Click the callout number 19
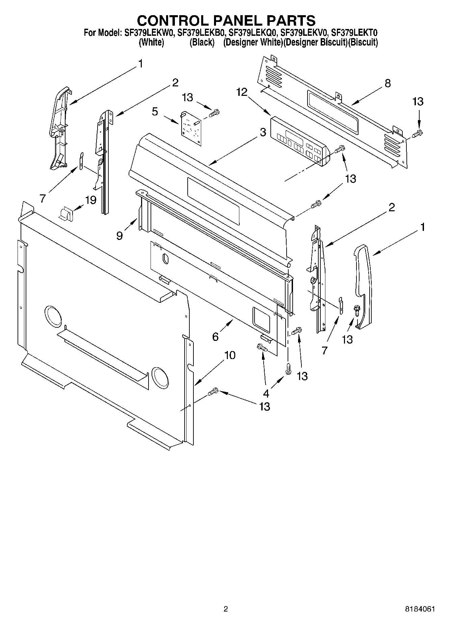click(91, 200)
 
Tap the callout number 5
click(155, 112)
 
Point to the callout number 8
click(388, 83)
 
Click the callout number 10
click(230, 355)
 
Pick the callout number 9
click(119, 236)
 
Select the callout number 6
click(215, 336)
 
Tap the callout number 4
click(266, 393)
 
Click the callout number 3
click(263, 133)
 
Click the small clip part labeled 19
click(66, 214)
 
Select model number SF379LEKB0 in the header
click(202, 33)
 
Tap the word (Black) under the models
click(202, 43)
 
